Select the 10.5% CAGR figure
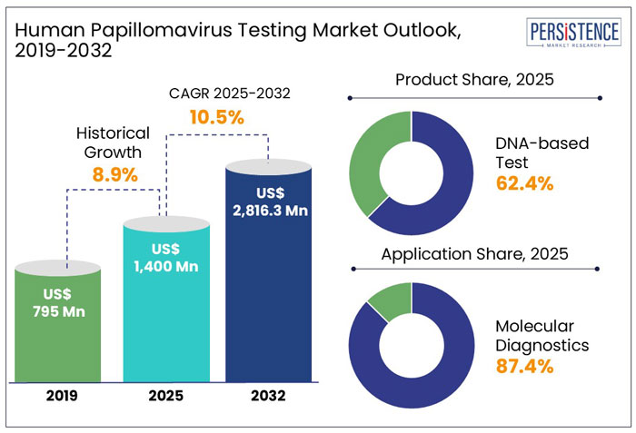tap(215, 117)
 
